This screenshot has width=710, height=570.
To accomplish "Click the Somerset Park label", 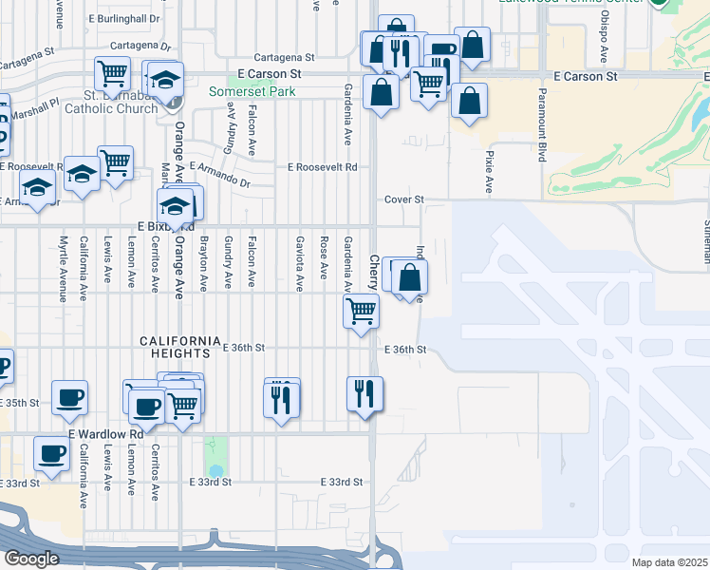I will click(252, 91).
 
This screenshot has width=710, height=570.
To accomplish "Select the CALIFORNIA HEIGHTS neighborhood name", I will click(180, 340).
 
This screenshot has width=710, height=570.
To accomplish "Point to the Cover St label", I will click(403, 199).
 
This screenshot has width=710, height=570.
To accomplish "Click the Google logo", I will click(31, 559).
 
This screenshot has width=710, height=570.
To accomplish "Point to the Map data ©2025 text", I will click(669, 562).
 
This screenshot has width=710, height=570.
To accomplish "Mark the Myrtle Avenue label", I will click(64, 269).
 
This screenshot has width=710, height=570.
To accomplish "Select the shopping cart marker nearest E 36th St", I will click(361, 309).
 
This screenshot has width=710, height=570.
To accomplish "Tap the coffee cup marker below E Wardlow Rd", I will click(51, 452).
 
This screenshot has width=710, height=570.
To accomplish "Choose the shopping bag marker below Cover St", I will click(410, 278).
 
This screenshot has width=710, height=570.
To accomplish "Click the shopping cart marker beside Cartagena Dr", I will click(113, 71).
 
